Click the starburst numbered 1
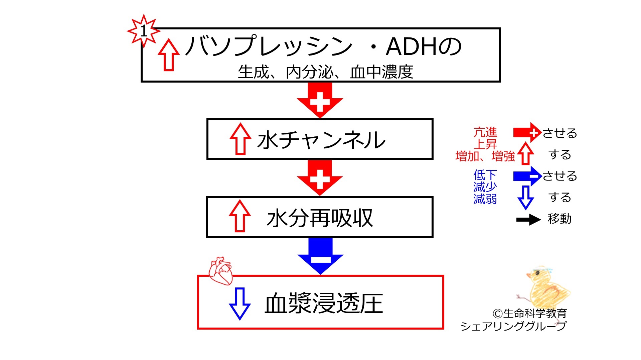tap(144, 31)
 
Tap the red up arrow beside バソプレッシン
tap(169, 55)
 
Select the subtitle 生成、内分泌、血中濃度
tap(325, 72)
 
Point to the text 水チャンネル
tap(321, 140)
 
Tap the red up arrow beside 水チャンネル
tap(241, 139)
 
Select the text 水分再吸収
tap(320, 218)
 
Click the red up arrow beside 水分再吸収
tap(240, 216)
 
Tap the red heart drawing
tap(220, 271)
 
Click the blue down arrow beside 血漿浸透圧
tap(239, 304)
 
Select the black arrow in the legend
tap(528, 220)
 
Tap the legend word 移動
tap(559, 219)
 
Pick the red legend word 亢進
tap(485, 132)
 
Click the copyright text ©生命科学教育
tap(529, 314)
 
